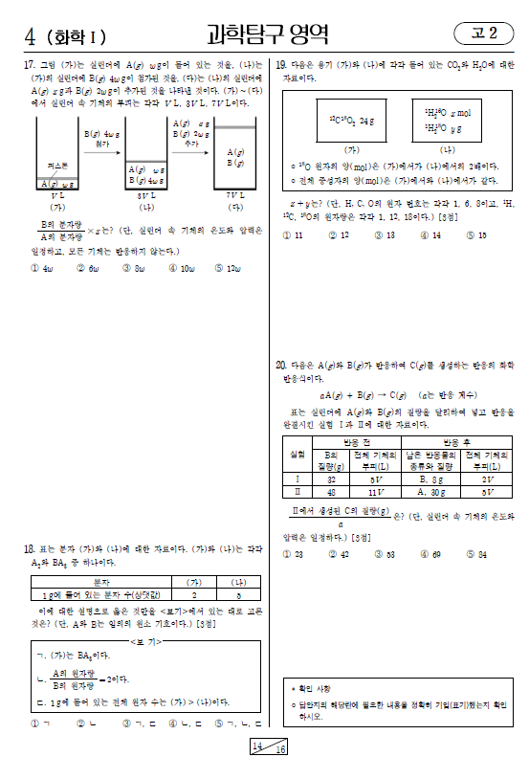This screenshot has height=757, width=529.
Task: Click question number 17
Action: coord(30,65)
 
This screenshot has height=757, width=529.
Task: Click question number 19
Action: coord(281,65)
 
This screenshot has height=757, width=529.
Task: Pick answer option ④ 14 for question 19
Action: coord(431,234)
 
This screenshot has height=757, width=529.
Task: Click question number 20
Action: coord(281,366)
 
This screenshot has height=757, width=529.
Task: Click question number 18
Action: coord(30,548)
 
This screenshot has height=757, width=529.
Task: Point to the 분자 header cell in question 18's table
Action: coord(94,582)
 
